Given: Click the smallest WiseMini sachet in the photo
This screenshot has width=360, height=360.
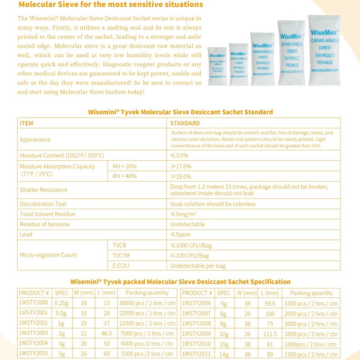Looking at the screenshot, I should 217,66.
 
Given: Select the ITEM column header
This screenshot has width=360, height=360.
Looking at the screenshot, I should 27,123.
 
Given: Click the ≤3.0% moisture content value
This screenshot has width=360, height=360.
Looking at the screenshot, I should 180,155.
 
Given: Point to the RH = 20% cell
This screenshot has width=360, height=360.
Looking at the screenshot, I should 125,166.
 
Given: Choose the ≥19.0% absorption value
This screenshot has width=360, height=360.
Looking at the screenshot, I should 181,176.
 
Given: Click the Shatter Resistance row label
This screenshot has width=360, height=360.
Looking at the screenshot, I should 44,190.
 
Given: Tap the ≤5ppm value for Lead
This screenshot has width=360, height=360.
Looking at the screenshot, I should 180,234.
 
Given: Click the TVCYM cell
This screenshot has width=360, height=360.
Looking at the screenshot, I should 121,256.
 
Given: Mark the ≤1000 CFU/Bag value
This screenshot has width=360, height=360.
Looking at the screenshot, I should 191,246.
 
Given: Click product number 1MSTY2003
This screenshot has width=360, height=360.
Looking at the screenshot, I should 34,333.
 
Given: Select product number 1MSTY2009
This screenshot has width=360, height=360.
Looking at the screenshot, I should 196,334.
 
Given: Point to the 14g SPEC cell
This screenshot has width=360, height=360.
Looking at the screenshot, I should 224,354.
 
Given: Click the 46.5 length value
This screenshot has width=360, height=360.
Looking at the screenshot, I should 106,333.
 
